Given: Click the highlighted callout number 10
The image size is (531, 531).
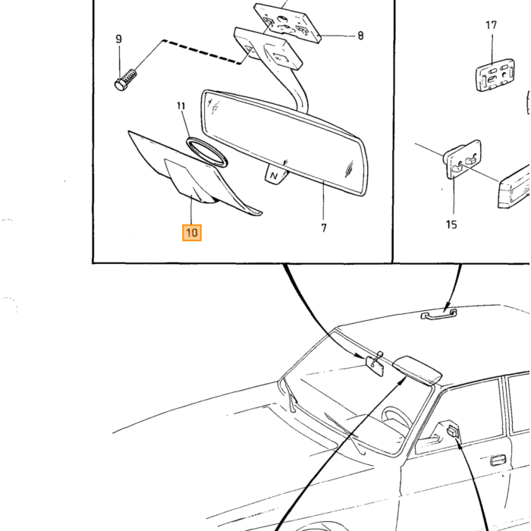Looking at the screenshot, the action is [192, 233].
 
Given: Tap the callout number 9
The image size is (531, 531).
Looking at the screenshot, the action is [118, 39].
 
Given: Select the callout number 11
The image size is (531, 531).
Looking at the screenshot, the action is [181, 106].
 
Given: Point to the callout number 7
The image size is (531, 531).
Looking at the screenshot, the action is [324, 228].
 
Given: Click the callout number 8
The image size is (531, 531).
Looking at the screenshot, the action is [360, 36].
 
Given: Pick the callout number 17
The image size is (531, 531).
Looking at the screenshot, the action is [491, 25].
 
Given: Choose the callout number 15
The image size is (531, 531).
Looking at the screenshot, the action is [451, 225].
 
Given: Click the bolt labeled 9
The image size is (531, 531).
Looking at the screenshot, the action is [125, 80].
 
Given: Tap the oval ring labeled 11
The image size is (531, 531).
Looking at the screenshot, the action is [206, 152].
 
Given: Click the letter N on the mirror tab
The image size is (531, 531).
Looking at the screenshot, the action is [274, 176].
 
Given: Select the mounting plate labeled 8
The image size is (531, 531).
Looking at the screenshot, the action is [287, 23].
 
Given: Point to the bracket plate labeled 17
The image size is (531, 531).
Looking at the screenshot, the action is [495, 75].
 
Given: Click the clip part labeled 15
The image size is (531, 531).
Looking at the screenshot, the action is [462, 159].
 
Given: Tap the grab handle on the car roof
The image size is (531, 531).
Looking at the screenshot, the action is [438, 315].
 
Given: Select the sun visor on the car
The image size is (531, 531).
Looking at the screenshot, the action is [417, 370].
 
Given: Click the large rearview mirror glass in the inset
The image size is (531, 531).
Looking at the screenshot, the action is [284, 143].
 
